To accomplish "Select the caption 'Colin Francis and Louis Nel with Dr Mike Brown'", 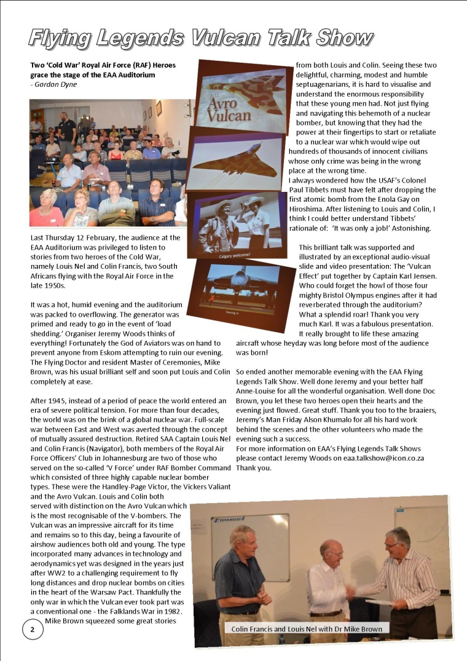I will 307,628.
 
